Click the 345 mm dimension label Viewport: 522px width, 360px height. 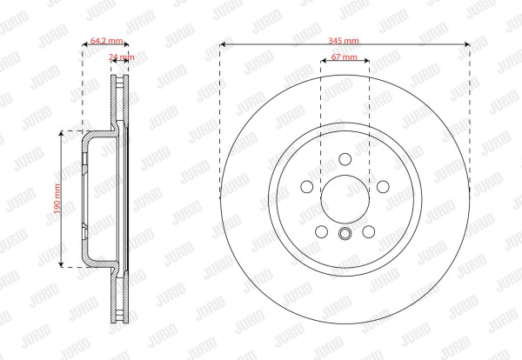(x=344, y=41)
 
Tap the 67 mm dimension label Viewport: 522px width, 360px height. (x=345, y=57)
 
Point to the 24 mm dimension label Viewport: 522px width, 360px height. (x=122, y=57)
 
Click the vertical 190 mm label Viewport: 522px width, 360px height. (x=57, y=198)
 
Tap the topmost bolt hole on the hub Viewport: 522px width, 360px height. (x=345, y=159)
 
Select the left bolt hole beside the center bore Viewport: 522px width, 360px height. (x=307, y=187)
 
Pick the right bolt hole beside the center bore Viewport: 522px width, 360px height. (x=383, y=187)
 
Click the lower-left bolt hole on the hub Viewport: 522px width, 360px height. (x=322, y=231)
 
